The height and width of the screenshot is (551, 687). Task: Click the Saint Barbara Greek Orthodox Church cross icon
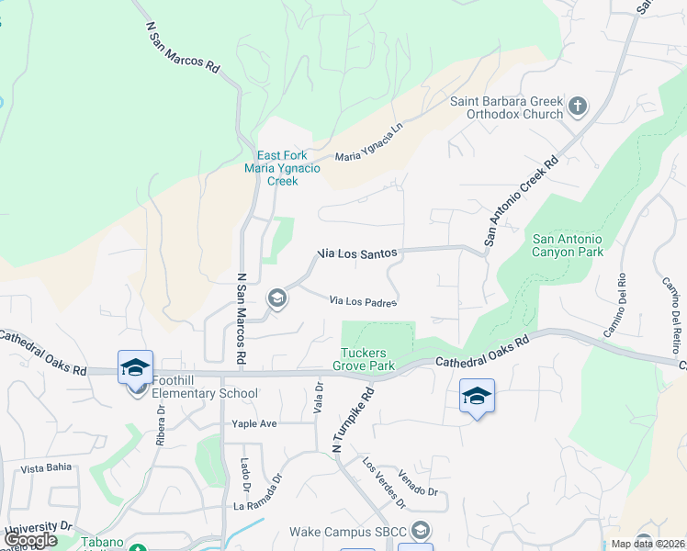(578, 107)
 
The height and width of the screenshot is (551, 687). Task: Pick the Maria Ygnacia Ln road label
(369, 145)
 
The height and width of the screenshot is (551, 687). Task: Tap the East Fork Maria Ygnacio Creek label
(270, 168)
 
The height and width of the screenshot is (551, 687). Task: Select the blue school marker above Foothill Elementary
(135, 367)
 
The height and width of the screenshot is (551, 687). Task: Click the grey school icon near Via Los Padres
(276, 298)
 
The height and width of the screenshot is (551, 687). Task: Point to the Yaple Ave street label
(254, 424)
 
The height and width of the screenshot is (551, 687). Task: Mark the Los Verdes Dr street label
(384, 483)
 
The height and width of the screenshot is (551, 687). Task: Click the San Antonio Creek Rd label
(521, 201)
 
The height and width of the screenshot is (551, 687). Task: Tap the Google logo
(30, 540)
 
